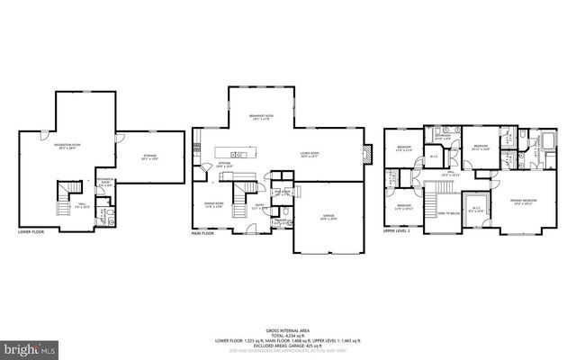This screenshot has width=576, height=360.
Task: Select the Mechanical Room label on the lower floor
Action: point(105,184)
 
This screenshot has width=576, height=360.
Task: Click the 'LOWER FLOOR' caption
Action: point(31,232)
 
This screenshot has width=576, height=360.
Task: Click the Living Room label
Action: point(310,155)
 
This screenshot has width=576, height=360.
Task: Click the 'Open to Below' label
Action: point(448,213)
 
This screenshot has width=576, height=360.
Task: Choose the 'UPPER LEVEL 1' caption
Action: point(397,232)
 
